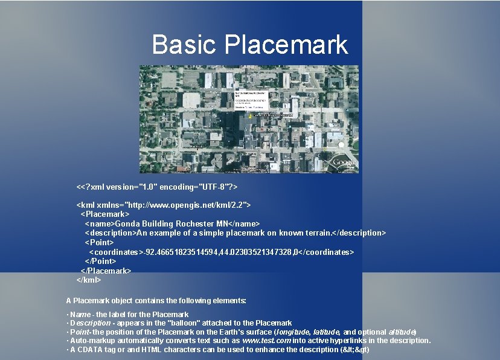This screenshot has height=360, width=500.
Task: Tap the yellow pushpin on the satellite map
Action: pyautogui.click(x=249, y=115)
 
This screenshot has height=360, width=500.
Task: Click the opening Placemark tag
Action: pyautogui.click(x=105, y=214)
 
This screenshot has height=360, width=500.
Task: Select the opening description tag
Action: pyautogui.click(x=111, y=233)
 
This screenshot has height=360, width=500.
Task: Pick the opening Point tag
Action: pyautogui.click(x=99, y=242)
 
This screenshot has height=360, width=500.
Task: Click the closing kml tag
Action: pyautogui.click(x=89, y=280)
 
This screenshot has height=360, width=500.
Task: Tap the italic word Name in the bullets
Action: pyautogui.click(x=80, y=315)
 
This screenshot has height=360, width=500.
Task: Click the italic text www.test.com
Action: pyautogui.click(x=266, y=341)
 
